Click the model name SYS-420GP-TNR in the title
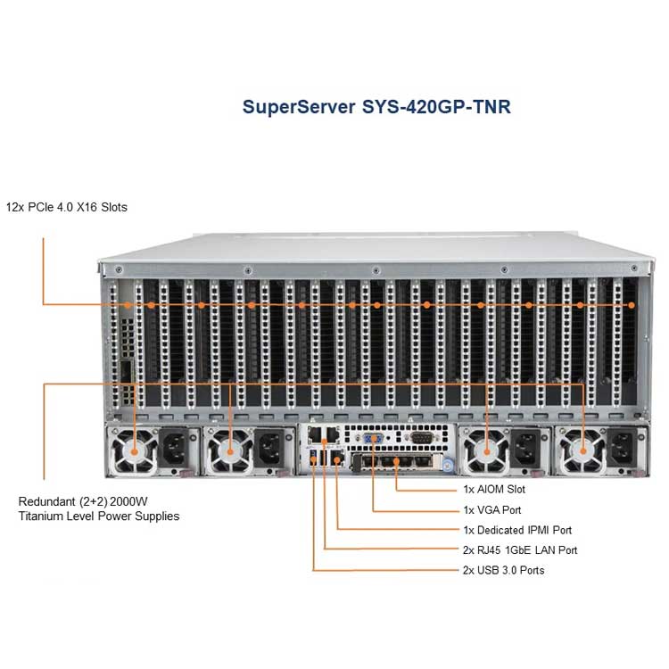(x=436, y=107)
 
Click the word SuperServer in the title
(x=299, y=107)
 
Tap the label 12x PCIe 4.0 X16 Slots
(x=67, y=207)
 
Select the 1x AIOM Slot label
(x=494, y=490)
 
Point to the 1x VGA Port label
(x=491, y=510)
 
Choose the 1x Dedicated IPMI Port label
(x=517, y=531)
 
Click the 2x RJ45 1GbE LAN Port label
(x=520, y=550)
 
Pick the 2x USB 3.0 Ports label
(x=503, y=571)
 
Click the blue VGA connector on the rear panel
(x=373, y=438)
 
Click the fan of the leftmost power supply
(x=134, y=451)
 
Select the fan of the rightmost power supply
(x=582, y=451)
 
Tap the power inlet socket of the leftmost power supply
(x=175, y=448)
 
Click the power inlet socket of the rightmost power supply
(x=623, y=448)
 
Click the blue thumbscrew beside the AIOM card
(x=447, y=466)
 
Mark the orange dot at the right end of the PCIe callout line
(x=632, y=305)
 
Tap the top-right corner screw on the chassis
(x=634, y=268)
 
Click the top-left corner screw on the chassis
(x=119, y=269)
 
